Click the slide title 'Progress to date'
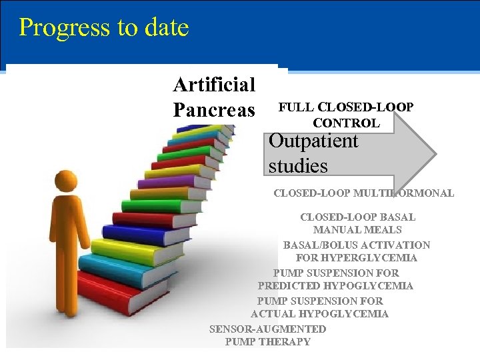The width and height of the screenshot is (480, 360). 104,28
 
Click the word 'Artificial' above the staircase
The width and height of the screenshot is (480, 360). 214,85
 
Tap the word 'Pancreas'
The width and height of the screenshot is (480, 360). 214,109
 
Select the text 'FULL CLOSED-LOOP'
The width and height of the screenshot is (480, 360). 345,107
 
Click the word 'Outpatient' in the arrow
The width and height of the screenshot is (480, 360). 313,141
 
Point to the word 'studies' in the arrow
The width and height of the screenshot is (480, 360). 298,165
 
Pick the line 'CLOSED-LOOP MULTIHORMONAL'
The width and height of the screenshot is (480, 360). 363,193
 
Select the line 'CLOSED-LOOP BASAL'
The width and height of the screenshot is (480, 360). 357,217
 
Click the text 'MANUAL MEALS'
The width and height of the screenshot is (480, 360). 357,230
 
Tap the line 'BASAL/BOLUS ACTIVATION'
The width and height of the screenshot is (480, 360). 357,245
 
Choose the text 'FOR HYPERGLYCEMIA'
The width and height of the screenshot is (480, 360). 357,258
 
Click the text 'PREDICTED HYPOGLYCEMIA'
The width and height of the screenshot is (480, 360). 335,286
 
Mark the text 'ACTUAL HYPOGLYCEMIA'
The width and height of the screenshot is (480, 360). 319,314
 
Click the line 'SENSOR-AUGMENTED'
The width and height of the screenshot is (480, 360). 267,329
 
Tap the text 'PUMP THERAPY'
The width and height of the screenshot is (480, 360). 268,342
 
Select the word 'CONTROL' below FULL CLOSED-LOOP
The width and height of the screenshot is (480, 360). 346,123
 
